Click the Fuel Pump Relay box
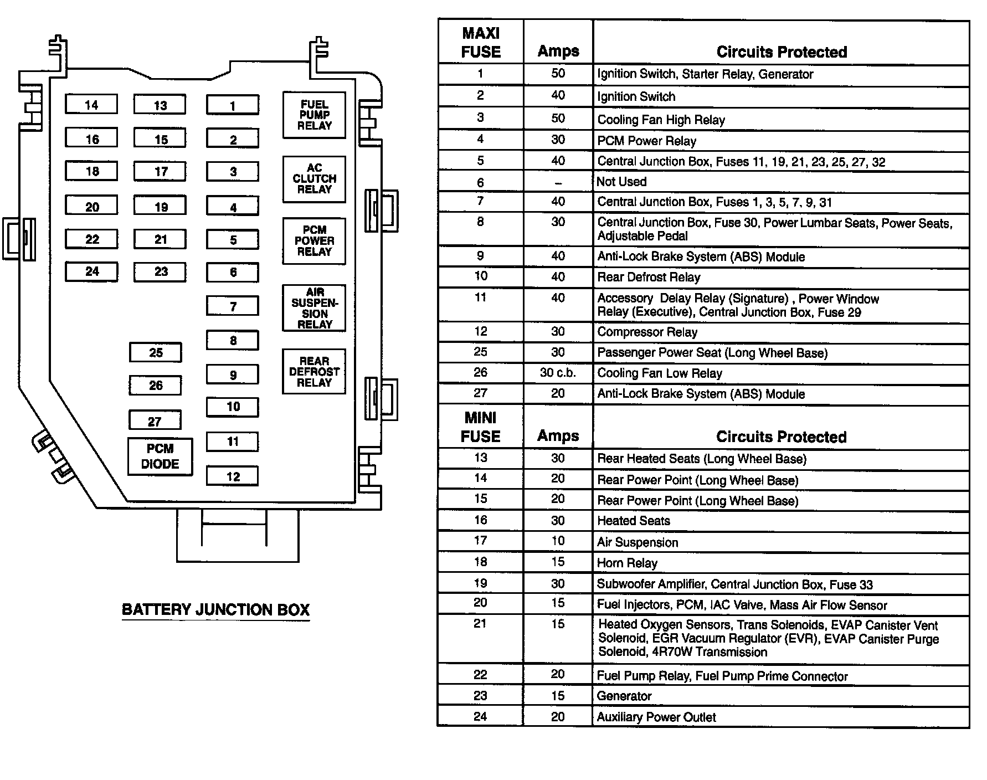[x=314, y=115]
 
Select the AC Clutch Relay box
[x=314, y=179]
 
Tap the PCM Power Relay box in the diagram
[x=314, y=241]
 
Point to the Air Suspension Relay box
[x=314, y=308]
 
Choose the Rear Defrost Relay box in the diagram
[x=314, y=372]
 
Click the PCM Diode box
[x=160, y=456]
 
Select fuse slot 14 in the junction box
[x=91, y=104]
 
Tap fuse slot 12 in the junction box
[x=233, y=476]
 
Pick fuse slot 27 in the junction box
[x=155, y=420]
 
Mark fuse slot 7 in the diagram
[x=233, y=306]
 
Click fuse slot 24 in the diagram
[x=91, y=271]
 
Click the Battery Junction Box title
[x=215, y=610]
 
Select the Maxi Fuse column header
[x=480, y=43]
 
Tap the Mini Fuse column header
[x=480, y=427]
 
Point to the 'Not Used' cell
[x=621, y=182]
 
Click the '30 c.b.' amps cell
[x=558, y=373]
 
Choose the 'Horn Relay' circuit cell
[x=627, y=563]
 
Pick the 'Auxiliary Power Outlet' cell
[x=656, y=717]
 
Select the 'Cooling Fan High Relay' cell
[x=661, y=120]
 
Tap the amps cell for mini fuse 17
[x=558, y=541]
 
